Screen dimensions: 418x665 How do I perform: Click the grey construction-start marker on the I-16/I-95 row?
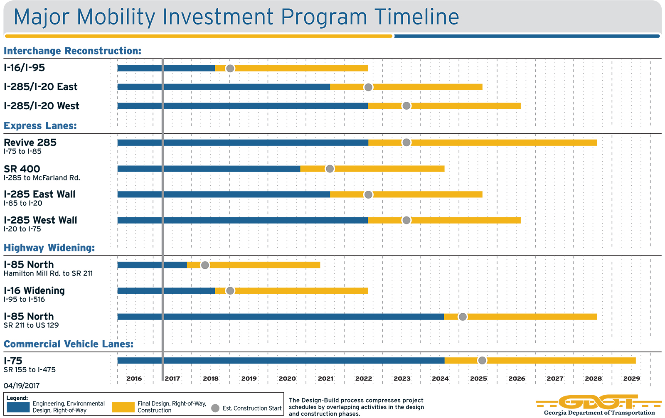(230, 68)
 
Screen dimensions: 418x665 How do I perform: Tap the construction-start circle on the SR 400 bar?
(330, 169)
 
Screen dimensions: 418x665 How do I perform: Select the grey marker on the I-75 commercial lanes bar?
(482, 360)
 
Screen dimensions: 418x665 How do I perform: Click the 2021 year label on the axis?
(325, 379)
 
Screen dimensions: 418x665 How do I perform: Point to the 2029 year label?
(631, 379)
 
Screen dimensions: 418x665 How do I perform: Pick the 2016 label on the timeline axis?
(134, 379)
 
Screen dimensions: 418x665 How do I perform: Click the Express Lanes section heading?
(40, 126)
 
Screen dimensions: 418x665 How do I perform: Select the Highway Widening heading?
(49, 248)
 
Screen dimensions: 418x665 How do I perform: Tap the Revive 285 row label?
(30, 143)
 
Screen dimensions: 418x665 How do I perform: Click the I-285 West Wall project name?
(40, 220)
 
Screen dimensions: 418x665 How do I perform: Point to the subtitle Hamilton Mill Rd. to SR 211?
(48, 273)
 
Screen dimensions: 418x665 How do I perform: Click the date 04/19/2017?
(22, 386)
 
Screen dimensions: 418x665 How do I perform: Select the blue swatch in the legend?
(18, 407)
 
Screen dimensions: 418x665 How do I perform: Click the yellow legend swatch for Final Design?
(123, 407)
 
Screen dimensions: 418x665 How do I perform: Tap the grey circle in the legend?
(215, 408)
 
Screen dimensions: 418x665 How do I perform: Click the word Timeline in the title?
(416, 17)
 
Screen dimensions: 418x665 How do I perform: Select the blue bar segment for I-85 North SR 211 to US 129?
(281, 317)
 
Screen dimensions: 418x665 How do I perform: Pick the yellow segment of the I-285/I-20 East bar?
(424, 87)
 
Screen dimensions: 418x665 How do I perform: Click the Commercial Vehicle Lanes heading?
(69, 344)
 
